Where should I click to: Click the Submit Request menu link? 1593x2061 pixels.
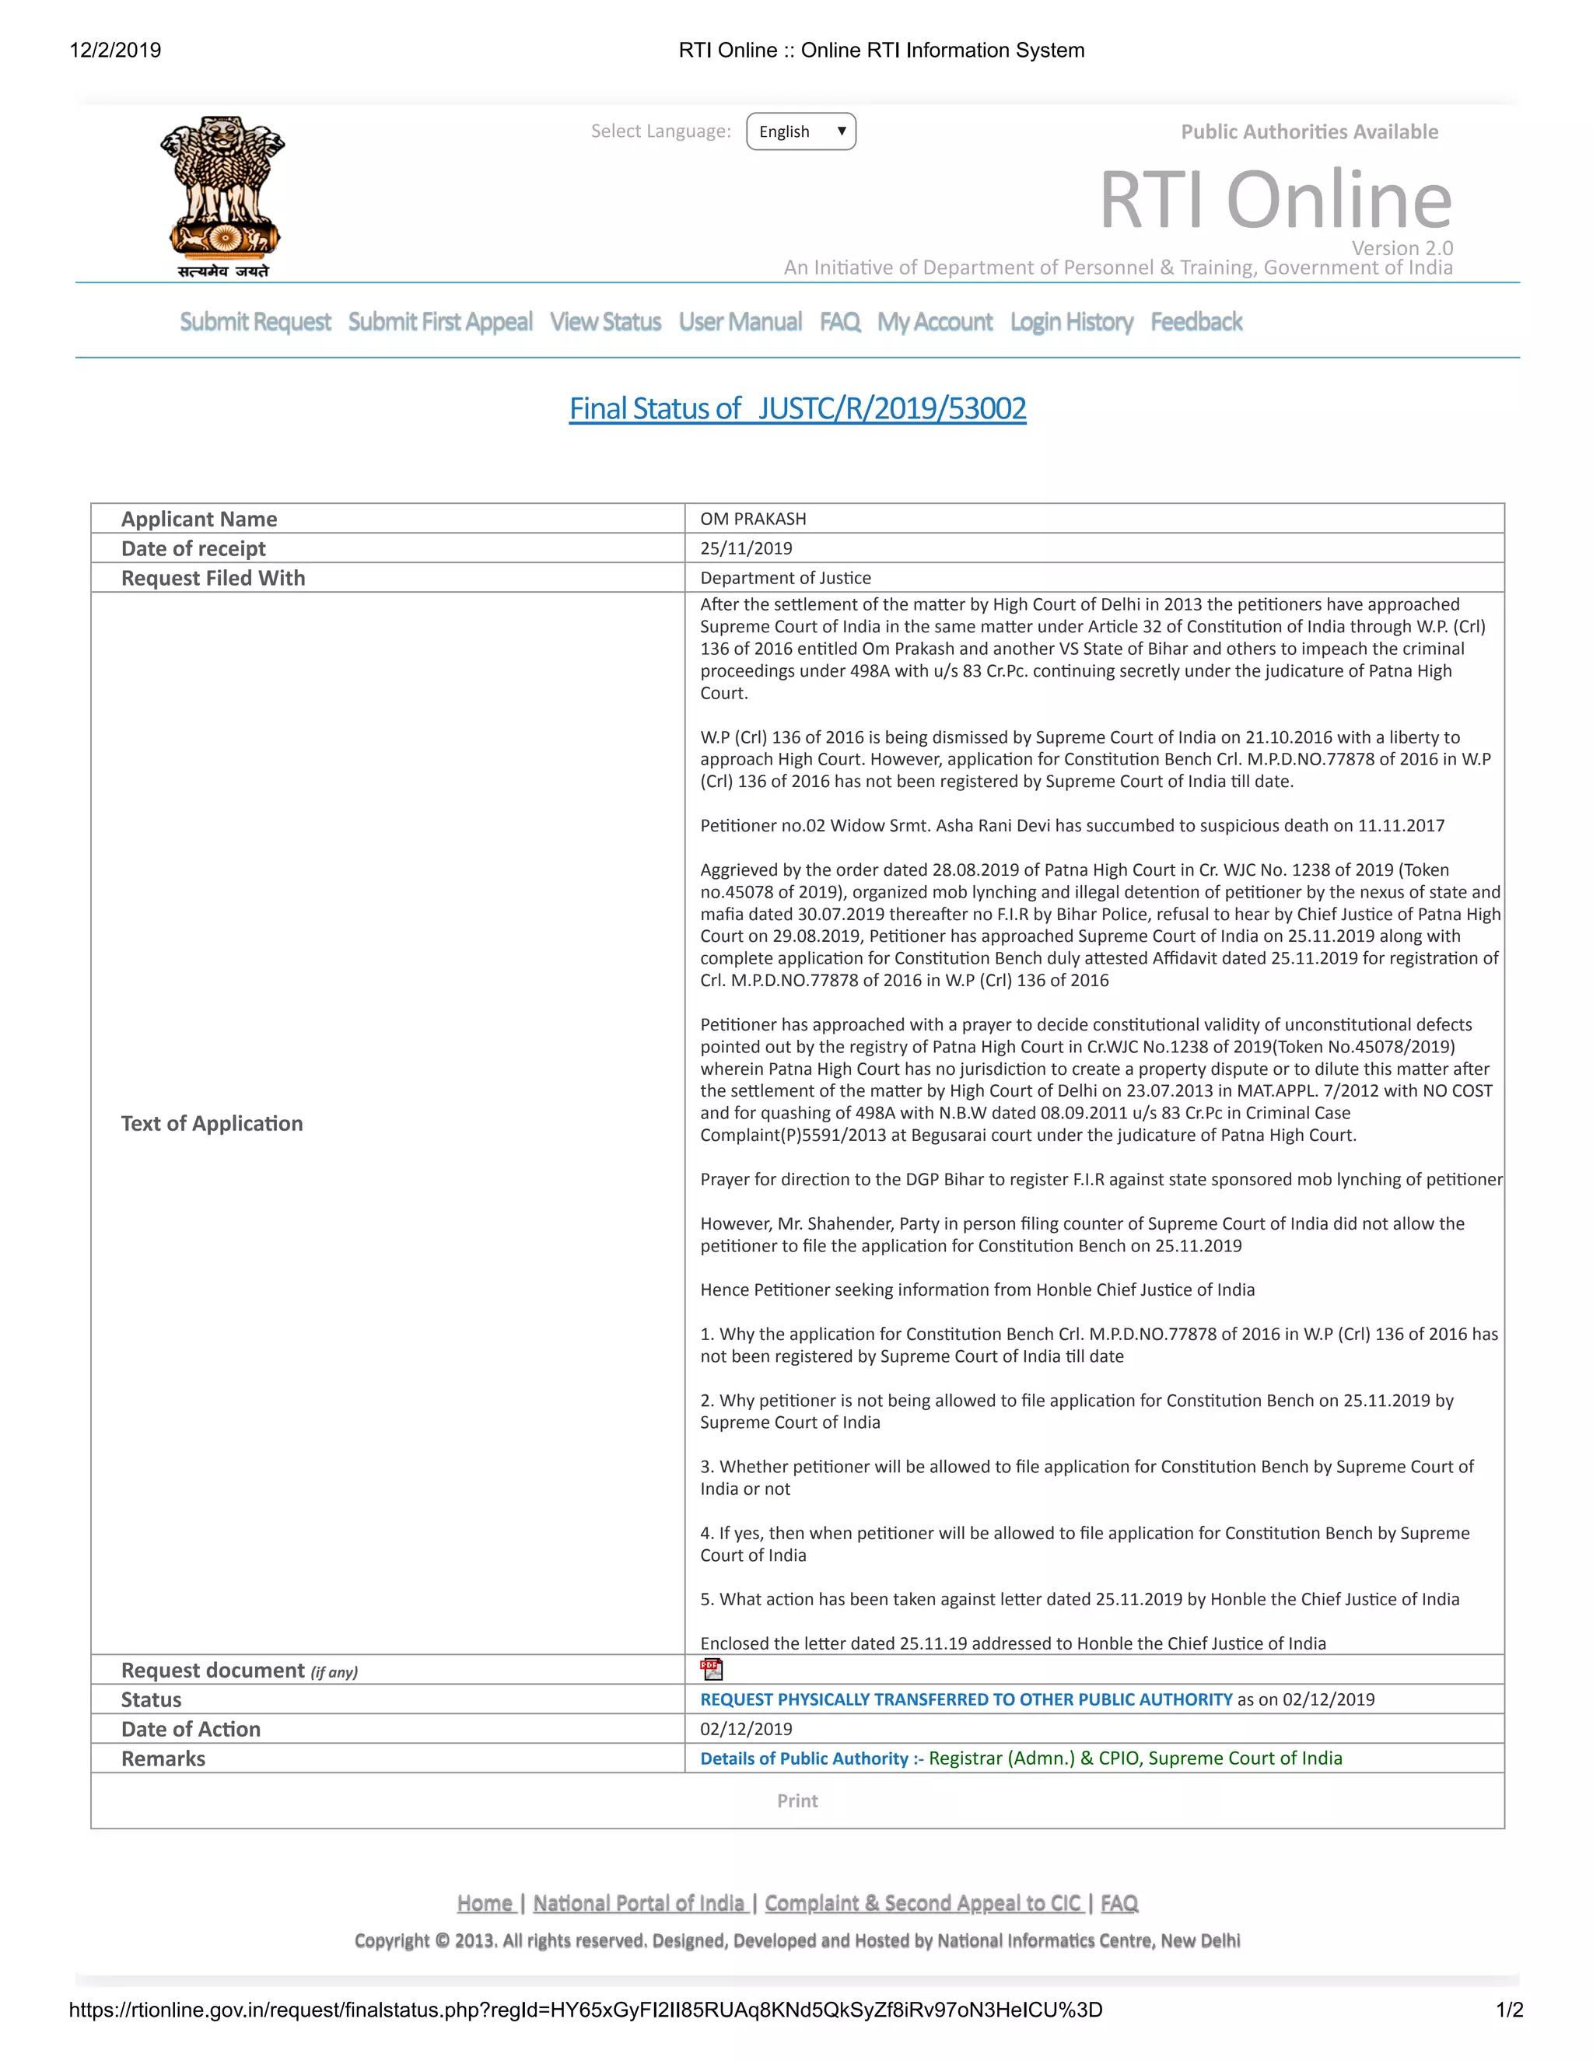(255, 322)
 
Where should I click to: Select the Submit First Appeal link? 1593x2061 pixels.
(439, 322)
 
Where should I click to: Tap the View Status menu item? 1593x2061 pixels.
(605, 322)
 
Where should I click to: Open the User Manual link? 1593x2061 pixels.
(740, 322)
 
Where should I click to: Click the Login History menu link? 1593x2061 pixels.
(1071, 322)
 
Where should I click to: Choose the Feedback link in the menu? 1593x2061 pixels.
(1196, 322)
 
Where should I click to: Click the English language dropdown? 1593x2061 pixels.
(800, 131)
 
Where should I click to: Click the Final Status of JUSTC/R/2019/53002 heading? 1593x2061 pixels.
(797, 408)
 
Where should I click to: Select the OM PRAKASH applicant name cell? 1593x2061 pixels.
(753, 519)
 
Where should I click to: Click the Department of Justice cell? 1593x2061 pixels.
(785, 578)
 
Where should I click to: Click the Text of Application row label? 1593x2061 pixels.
(212, 1123)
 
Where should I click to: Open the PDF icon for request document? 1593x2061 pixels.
(712, 1669)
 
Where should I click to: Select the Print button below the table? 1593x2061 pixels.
(797, 1800)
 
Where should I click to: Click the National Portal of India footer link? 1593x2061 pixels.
(640, 1903)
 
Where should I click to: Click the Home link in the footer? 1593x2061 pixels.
(485, 1903)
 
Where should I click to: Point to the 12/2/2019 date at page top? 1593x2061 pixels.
(115, 50)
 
